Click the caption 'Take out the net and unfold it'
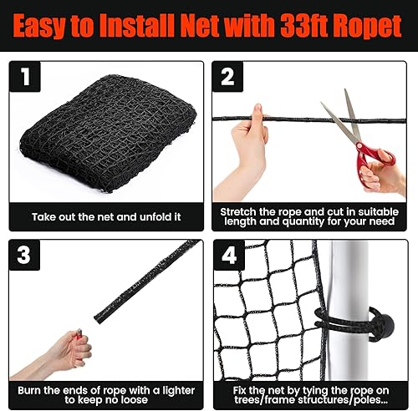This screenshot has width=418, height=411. pos(105,216)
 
